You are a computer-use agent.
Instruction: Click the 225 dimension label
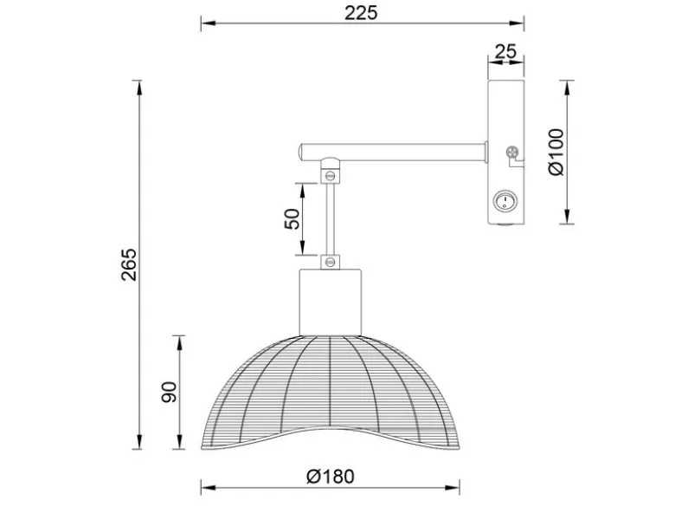pyautogui.click(x=361, y=13)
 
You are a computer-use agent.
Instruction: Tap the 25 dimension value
pyautogui.click(x=505, y=51)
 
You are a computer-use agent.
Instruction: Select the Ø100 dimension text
pyautogui.click(x=556, y=152)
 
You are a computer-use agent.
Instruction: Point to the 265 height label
pyautogui.click(x=128, y=264)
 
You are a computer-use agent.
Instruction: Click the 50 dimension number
pyautogui.click(x=292, y=219)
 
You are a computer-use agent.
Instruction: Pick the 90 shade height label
pyautogui.click(x=169, y=392)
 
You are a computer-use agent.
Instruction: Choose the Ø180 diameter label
pyautogui.click(x=331, y=477)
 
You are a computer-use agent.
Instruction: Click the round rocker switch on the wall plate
pyautogui.click(x=505, y=200)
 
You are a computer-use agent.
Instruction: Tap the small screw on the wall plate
pyautogui.click(x=511, y=153)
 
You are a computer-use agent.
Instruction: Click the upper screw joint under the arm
pyautogui.click(x=331, y=175)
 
